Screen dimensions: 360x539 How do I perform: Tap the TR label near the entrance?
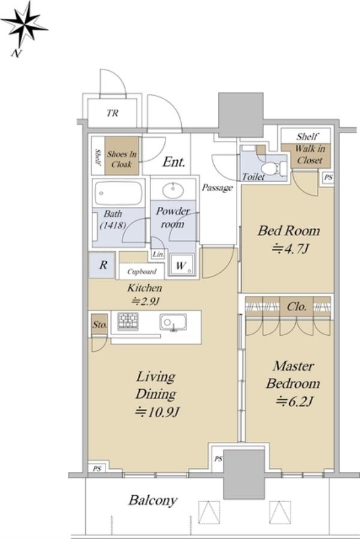pos(113,113)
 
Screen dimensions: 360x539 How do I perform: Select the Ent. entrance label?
pos(174,161)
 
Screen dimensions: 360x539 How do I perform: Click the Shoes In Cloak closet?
pos(122,156)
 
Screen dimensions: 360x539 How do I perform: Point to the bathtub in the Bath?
pos(118,193)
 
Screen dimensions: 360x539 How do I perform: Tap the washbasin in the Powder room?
pos(173,191)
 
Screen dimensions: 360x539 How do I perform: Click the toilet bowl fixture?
pos(272,168)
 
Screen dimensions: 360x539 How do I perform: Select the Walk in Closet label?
pos(310,154)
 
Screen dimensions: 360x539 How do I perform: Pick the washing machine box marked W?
pos(181,265)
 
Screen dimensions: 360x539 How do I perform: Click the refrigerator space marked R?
pos(102,265)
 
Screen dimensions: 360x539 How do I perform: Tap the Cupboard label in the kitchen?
pos(142,272)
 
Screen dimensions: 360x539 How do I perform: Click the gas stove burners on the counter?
pos(128,321)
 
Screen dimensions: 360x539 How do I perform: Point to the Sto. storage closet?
pos(100,324)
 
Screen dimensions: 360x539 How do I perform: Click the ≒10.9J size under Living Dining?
pos(157,411)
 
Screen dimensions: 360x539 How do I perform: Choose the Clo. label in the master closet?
pos(296,306)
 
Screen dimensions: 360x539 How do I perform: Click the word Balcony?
pos(153,500)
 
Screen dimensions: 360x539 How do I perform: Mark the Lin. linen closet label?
pos(158,254)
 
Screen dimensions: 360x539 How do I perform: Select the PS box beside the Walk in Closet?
pos(328,177)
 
